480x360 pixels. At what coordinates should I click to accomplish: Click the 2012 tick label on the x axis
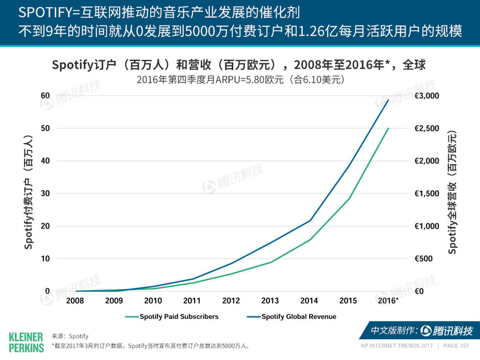click(x=231, y=301)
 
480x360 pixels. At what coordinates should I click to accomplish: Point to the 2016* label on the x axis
click(x=388, y=301)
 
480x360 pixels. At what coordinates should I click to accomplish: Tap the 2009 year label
click(x=114, y=301)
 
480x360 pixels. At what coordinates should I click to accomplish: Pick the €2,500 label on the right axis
click(x=427, y=128)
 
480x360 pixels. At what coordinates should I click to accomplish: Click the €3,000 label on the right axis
click(x=427, y=96)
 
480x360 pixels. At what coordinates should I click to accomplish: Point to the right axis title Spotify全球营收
click(x=452, y=192)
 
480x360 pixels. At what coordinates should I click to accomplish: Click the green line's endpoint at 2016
click(x=388, y=128)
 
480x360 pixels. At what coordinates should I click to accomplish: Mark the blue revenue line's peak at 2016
click(x=388, y=100)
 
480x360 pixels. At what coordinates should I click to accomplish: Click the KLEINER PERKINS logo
click(x=26, y=342)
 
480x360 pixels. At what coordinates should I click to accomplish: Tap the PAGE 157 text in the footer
click(x=456, y=346)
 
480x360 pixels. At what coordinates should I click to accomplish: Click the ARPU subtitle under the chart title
click(x=240, y=79)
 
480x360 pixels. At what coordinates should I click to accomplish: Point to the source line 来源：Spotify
click(x=70, y=336)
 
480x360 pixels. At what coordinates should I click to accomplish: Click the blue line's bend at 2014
click(x=310, y=220)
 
